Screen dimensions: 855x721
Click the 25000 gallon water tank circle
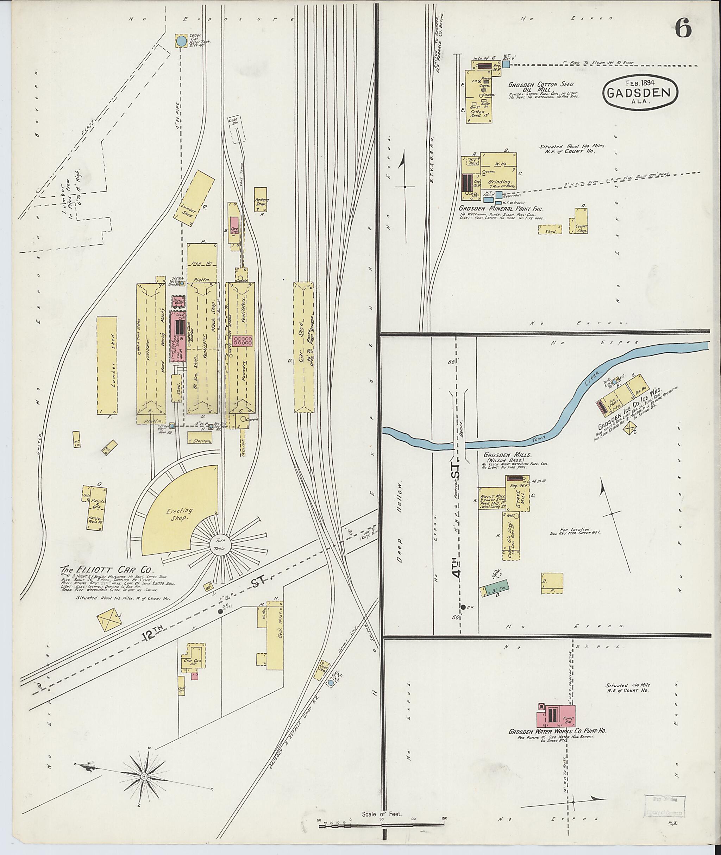point(180,41)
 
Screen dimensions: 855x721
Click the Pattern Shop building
point(261,199)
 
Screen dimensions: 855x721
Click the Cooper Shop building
point(581,221)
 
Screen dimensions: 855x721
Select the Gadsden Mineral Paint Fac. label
point(501,208)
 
